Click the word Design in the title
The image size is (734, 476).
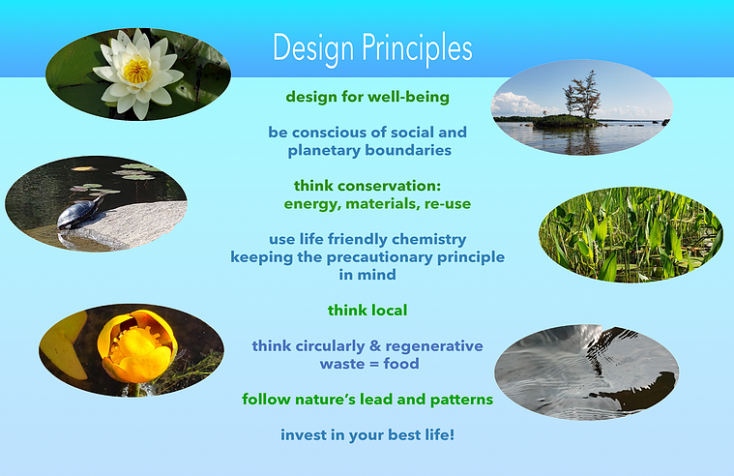(x=313, y=49)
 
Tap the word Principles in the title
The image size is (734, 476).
(x=417, y=49)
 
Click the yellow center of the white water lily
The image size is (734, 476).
(x=137, y=72)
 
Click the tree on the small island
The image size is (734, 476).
(x=583, y=94)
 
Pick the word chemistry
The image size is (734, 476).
(x=428, y=240)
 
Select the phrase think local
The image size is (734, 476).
(x=367, y=311)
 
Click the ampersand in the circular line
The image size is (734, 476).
(x=375, y=345)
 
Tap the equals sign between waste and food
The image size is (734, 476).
(x=369, y=364)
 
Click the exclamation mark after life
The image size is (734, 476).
(x=452, y=434)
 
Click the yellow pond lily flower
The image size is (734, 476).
(x=137, y=345)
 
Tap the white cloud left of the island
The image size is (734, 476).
(x=513, y=104)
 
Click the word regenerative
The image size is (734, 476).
(x=434, y=346)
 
